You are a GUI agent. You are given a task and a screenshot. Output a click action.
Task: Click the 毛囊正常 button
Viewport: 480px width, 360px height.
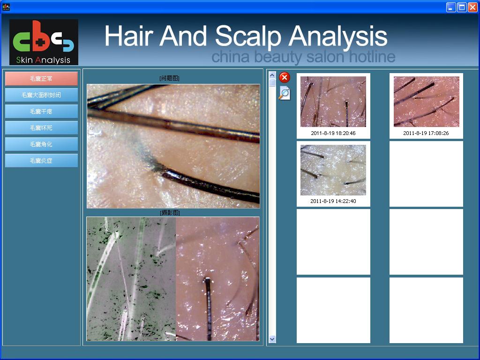click(x=41, y=79)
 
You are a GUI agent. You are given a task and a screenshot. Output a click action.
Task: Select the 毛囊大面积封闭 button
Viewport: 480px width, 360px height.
click(x=41, y=95)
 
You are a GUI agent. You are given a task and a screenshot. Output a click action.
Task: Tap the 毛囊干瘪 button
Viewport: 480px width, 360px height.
click(x=41, y=112)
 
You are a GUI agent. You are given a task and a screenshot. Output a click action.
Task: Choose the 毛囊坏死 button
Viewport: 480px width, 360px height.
click(x=41, y=127)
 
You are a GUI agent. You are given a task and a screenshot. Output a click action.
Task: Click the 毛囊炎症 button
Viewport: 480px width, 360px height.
click(x=41, y=160)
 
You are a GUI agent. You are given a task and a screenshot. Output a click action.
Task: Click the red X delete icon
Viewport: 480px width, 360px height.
click(x=285, y=77)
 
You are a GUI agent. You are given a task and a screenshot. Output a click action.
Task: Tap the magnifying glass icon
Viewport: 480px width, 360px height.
click(x=285, y=93)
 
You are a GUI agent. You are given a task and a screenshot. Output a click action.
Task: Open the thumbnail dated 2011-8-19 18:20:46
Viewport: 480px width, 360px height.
click(x=333, y=102)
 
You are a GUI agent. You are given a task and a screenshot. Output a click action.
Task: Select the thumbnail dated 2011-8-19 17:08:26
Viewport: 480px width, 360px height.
click(x=426, y=102)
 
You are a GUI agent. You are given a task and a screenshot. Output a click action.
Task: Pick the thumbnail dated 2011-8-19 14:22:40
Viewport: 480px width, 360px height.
click(x=333, y=170)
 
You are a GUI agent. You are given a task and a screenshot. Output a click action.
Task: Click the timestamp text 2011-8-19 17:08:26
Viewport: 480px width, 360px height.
click(x=426, y=133)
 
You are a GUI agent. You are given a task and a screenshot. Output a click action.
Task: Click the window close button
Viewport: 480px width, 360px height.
click(x=472, y=7)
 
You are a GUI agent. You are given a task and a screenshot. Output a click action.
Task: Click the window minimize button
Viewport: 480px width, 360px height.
click(x=450, y=7)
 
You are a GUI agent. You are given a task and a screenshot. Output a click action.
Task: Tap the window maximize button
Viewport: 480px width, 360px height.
click(x=462, y=7)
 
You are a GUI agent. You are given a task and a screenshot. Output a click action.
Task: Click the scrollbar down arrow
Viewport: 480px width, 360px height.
click(x=272, y=339)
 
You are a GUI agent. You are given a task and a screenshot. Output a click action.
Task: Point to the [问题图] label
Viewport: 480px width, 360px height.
click(x=169, y=78)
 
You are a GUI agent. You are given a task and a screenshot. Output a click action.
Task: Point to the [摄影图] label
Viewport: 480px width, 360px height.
click(x=170, y=212)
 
